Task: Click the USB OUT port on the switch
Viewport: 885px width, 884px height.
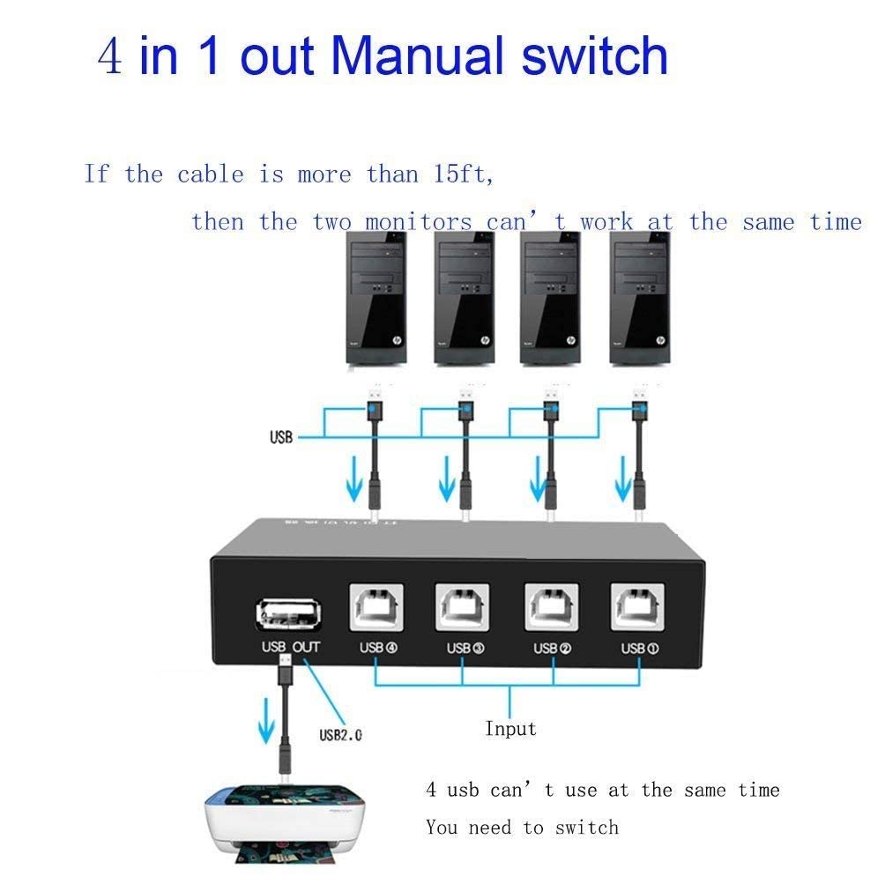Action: tap(288, 615)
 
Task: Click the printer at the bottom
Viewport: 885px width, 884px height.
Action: tap(283, 828)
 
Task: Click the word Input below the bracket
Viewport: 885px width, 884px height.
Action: tap(510, 729)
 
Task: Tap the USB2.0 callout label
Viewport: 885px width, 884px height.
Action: tap(340, 733)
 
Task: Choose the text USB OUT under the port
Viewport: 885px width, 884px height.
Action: tap(291, 648)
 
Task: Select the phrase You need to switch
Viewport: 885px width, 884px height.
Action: tap(522, 828)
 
